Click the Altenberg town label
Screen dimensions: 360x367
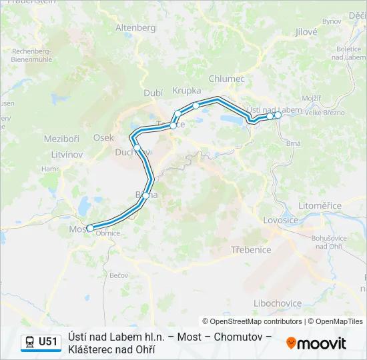pyautogui.click(x=135, y=28)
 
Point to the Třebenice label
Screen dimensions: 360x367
pyautogui.click(x=251, y=250)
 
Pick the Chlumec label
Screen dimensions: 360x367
pyautogui.click(x=227, y=79)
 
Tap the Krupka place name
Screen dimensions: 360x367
pyautogui.click(x=187, y=90)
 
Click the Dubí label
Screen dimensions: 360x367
pyautogui.click(x=153, y=94)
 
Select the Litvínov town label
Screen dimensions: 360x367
pyautogui.click(x=66, y=154)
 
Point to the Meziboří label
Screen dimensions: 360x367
pyautogui.click(x=61, y=139)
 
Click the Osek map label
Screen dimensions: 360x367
pyautogui.click(x=103, y=137)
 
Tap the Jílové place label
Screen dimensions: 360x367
pyautogui.click(x=306, y=31)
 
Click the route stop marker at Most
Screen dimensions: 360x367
pyautogui.click(x=90, y=228)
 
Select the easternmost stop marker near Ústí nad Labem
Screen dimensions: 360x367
pyautogui.click(x=278, y=115)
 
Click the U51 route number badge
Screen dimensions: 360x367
pyautogui.click(x=49, y=342)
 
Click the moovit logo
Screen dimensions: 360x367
pyautogui.click(x=316, y=343)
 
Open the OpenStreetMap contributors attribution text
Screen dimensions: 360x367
pyautogui.click(x=252, y=321)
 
